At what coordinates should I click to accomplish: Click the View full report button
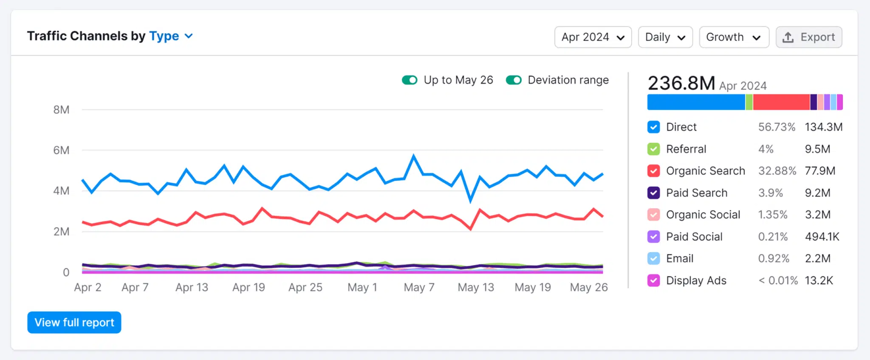tap(74, 323)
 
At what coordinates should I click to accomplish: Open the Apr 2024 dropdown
tap(593, 37)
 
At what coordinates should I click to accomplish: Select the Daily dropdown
tap(665, 37)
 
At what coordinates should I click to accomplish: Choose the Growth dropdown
tap(734, 37)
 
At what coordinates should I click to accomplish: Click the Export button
tap(808, 37)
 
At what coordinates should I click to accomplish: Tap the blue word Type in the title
tap(164, 36)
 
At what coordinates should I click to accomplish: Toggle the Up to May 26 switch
tap(410, 80)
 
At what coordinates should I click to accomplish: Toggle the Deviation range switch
tap(514, 80)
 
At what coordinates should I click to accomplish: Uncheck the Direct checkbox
tap(653, 127)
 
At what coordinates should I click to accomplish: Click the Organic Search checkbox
tap(653, 171)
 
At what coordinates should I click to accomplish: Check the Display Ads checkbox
tap(653, 281)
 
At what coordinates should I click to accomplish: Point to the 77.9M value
tap(819, 171)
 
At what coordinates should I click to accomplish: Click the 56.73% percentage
tap(776, 127)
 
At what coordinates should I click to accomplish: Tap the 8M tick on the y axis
tap(61, 110)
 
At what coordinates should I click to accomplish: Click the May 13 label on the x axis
tap(475, 288)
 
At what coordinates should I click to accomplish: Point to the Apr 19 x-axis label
tap(249, 288)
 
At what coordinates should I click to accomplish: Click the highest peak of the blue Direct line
tap(414, 156)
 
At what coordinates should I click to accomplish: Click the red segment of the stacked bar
tap(781, 102)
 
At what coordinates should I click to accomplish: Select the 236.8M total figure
tap(681, 83)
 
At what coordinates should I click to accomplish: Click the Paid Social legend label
tap(694, 237)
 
